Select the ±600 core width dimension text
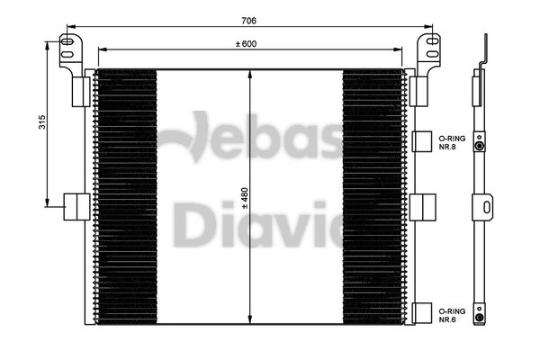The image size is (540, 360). point(247,43)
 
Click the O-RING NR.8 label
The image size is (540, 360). point(452,139)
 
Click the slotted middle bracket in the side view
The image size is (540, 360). point(485,207)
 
